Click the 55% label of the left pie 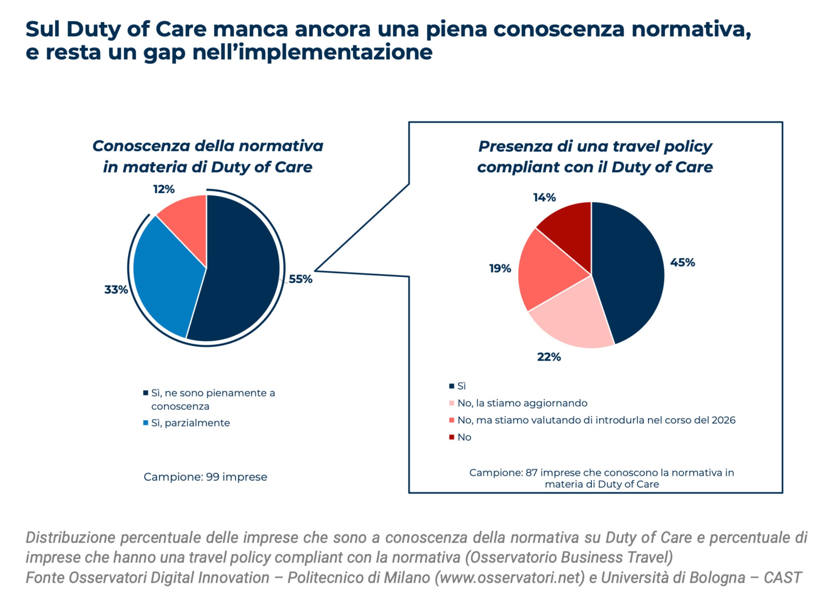click(x=300, y=279)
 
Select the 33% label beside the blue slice click(x=116, y=290)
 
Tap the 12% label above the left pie click(x=164, y=189)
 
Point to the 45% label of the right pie click(x=682, y=263)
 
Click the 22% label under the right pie click(x=549, y=357)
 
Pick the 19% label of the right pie click(x=500, y=269)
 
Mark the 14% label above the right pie click(x=544, y=198)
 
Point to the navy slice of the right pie click(x=627, y=273)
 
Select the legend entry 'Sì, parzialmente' click(x=190, y=423)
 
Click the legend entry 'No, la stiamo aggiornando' click(x=522, y=403)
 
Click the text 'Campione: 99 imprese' click(x=205, y=477)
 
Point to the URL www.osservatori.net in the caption click(x=510, y=578)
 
